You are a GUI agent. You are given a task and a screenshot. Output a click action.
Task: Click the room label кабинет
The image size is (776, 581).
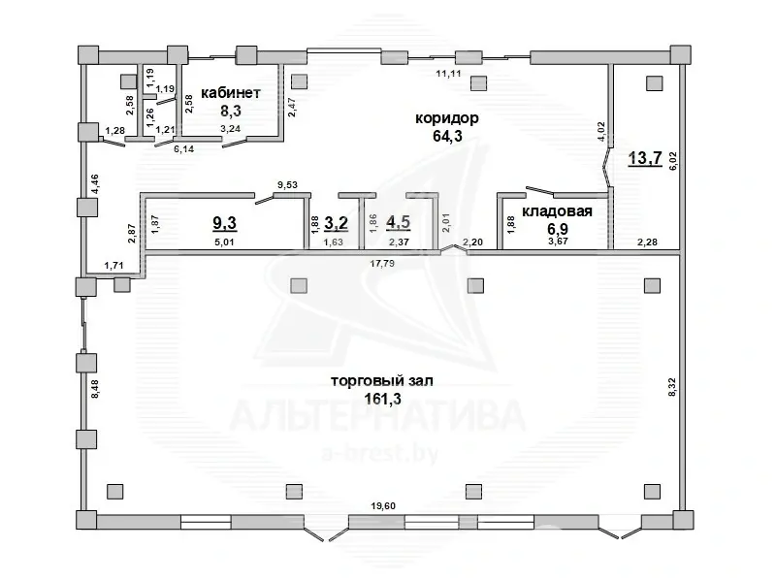tap(231, 92)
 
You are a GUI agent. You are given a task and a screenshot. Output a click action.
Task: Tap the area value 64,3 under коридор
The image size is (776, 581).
tap(447, 136)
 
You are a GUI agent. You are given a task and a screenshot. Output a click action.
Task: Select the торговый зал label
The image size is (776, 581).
tap(381, 380)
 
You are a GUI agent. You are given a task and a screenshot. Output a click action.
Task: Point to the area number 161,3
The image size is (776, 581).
tap(382, 399)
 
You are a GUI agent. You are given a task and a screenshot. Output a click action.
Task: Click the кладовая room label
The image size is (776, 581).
tap(557, 211)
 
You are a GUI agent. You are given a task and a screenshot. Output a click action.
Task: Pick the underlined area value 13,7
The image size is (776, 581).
tap(645, 158)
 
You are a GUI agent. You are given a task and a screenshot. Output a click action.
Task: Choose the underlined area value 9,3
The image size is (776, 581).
tap(225, 223)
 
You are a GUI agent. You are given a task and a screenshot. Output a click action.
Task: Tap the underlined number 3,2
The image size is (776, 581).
tap(336, 223)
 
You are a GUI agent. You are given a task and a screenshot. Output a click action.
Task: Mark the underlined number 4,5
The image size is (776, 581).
tap(399, 222)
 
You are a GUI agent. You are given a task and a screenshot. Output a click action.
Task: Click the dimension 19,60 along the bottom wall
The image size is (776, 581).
tap(383, 505)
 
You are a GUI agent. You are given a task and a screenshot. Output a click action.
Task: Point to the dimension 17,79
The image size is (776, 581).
tap(382, 263)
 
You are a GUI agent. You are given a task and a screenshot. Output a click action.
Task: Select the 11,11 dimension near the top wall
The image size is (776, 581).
tap(448, 74)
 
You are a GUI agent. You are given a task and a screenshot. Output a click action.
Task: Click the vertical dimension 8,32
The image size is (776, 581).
tap(671, 386)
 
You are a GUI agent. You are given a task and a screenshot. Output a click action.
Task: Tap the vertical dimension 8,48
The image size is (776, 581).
tap(95, 389)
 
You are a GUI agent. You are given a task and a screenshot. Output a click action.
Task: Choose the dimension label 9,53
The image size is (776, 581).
tap(287, 185)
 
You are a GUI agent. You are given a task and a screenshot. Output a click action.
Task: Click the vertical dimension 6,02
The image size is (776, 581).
tap(673, 161)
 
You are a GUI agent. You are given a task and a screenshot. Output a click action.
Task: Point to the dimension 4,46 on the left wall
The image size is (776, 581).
tap(94, 183)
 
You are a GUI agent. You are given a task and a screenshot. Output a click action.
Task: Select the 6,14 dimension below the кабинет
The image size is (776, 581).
tap(183, 149)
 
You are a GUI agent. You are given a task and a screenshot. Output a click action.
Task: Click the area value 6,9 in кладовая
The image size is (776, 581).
tap(557, 229)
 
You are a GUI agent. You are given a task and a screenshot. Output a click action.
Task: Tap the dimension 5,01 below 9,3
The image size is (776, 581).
tap(224, 242)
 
